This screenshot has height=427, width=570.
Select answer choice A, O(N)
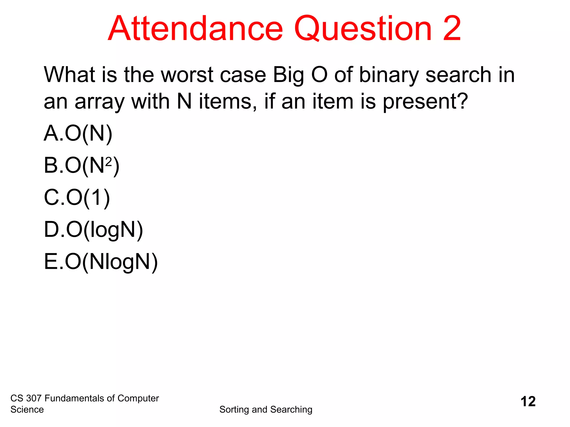click(78, 134)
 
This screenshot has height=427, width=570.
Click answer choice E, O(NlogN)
click(101, 262)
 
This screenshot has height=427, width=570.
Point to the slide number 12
click(528, 402)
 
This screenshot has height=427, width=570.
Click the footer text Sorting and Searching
click(266, 409)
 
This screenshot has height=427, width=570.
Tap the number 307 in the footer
click(34, 398)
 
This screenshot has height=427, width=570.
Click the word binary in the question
click(389, 75)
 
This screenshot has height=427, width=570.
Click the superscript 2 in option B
click(109, 161)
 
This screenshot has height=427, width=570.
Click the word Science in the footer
click(27, 409)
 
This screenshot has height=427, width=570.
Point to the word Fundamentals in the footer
click(75, 398)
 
